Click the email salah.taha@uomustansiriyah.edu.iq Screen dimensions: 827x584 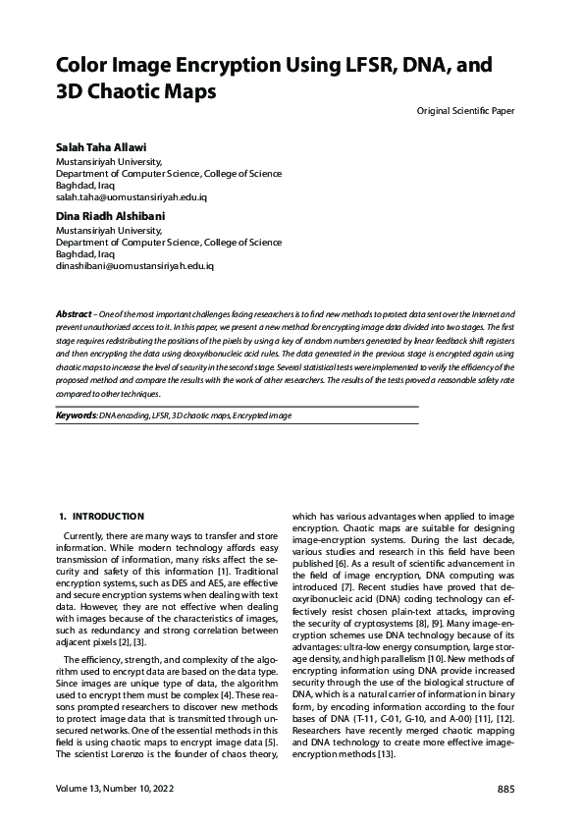[132, 196]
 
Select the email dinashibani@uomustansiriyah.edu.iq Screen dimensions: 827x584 [134, 266]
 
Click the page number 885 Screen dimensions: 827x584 [505, 790]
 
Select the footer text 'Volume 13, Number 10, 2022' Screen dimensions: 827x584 [117, 790]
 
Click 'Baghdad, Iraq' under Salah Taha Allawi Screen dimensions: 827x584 [85, 185]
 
